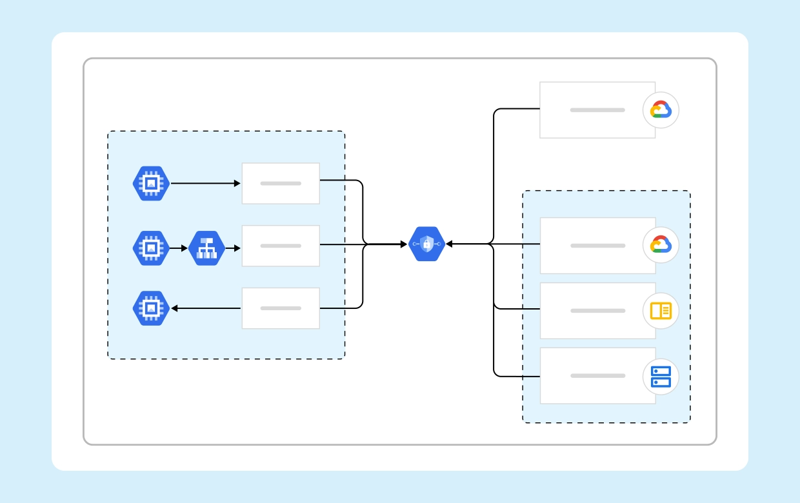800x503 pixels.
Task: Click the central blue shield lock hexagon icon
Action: (426, 244)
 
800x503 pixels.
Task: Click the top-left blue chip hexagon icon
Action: (150, 184)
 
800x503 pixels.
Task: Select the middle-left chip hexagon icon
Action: (150, 248)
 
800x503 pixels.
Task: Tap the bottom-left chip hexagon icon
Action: (150, 308)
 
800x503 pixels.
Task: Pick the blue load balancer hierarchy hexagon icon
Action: (206, 248)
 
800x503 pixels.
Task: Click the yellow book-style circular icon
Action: (661, 311)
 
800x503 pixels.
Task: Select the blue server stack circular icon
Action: (661, 377)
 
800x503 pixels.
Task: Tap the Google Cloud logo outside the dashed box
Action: (661, 110)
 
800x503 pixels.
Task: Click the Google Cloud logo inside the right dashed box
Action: (661, 245)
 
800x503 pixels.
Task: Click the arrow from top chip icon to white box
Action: (205, 184)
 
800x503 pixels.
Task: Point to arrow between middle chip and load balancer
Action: (179, 248)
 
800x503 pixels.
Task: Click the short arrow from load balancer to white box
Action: (233, 248)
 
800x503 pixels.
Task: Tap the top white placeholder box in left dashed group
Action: (281, 183)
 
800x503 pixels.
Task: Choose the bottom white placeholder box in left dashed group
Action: (281, 308)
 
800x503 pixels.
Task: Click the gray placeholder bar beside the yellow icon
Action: (597, 311)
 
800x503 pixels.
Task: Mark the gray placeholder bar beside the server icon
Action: (597, 376)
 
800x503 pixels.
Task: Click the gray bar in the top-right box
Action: (597, 110)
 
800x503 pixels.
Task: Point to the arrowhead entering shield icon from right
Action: (450, 244)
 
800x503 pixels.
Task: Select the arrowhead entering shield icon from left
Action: (404, 244)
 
